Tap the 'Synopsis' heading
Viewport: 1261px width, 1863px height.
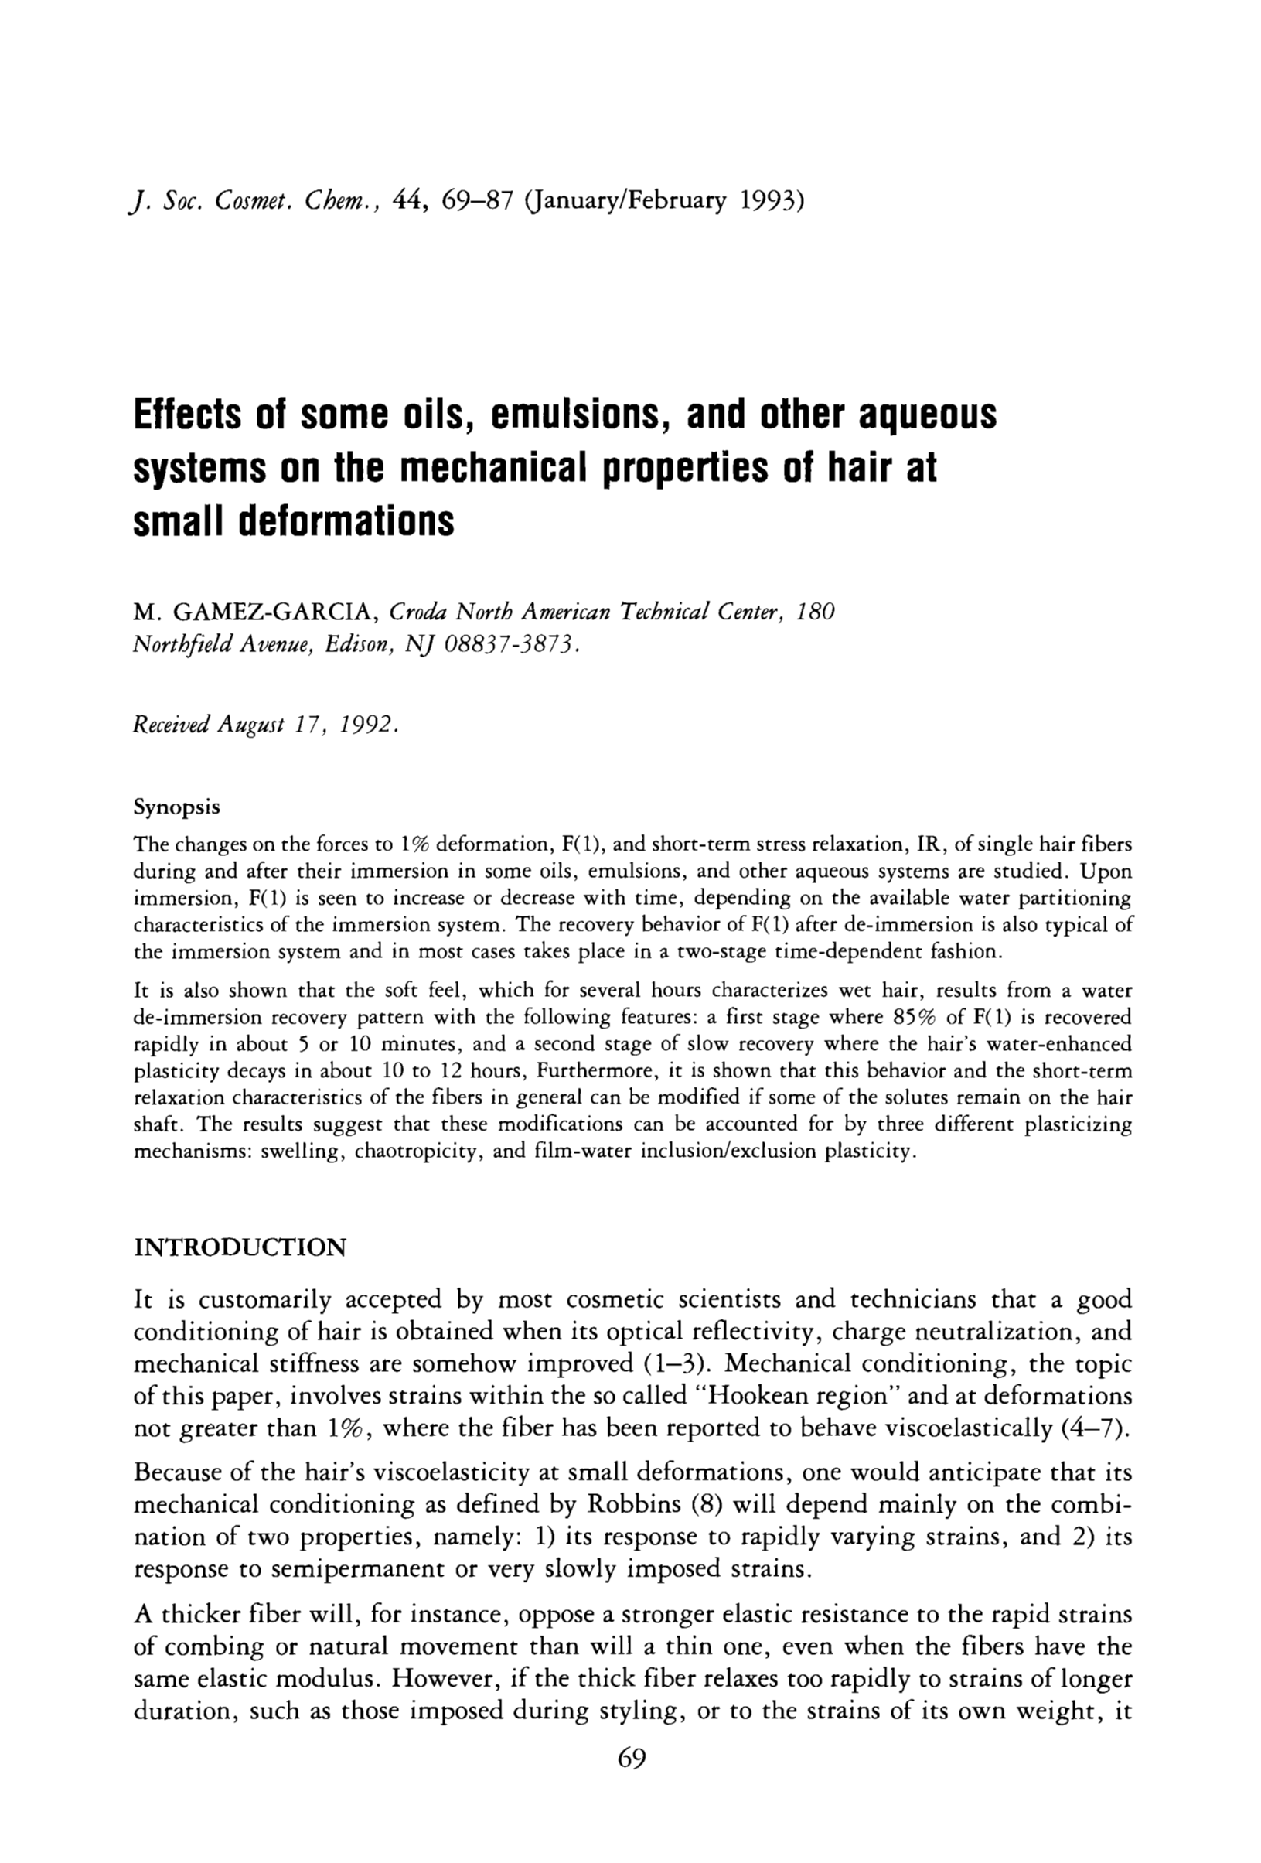pos(176,807)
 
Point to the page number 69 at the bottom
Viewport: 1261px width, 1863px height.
pos(632,1758)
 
